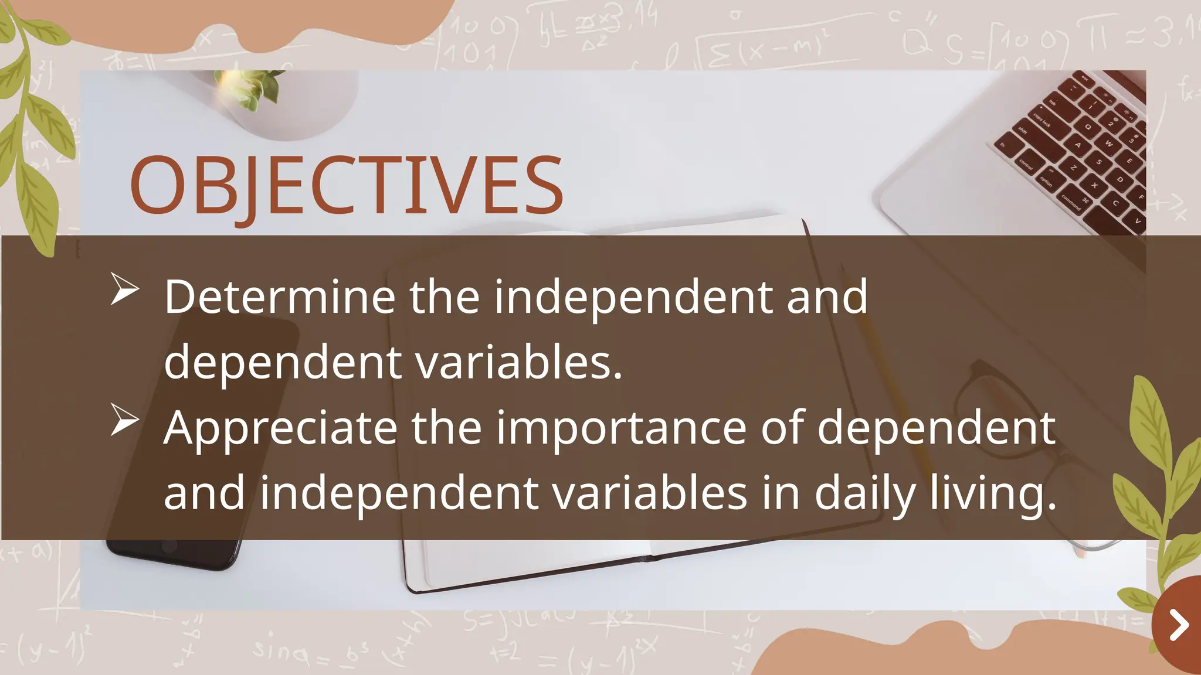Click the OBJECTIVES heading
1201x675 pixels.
point(346,185)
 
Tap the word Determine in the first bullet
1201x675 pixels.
point(279,297)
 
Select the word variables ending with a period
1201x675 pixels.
point(518,362)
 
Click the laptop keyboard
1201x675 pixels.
point(1079,146)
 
